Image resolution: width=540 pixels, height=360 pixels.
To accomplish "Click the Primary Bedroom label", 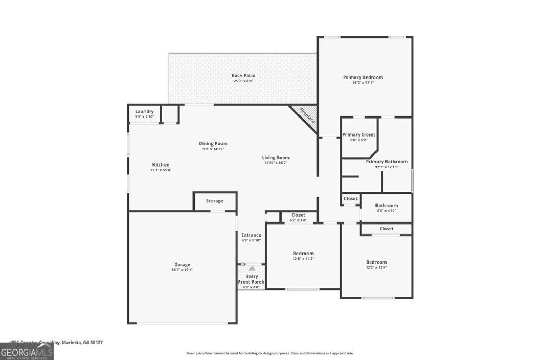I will point(363,77).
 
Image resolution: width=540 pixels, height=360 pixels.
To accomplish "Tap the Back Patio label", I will point(243,76).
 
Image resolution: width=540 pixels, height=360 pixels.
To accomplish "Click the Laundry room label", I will point(144,111).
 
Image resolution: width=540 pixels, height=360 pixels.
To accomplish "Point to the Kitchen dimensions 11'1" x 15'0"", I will point(161,170).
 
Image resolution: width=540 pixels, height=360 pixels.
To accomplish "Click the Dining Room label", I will point(213,143).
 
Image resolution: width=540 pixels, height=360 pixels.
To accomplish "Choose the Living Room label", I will point(276,157).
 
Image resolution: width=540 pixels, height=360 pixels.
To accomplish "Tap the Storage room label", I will point(214,201).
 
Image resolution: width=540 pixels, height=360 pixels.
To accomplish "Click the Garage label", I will point(182,265).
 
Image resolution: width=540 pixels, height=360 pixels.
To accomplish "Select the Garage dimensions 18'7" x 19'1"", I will point(182,270).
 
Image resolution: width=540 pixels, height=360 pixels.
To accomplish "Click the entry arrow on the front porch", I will point(252,268).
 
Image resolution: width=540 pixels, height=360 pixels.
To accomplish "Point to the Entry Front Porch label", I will point(252,279).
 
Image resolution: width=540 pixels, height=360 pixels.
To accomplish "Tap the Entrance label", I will point(251,235).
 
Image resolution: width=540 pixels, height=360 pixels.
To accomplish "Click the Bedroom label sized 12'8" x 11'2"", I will point(303,254).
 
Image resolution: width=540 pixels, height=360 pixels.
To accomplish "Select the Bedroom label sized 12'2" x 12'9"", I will point(376,262).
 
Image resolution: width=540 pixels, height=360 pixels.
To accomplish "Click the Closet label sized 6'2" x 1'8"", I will point(298,215).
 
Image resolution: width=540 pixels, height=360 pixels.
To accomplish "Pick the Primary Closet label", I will point(359,134).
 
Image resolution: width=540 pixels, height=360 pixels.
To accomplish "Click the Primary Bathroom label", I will point(387,162).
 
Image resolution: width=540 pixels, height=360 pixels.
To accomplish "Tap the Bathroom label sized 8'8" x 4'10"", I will point(386,206).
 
